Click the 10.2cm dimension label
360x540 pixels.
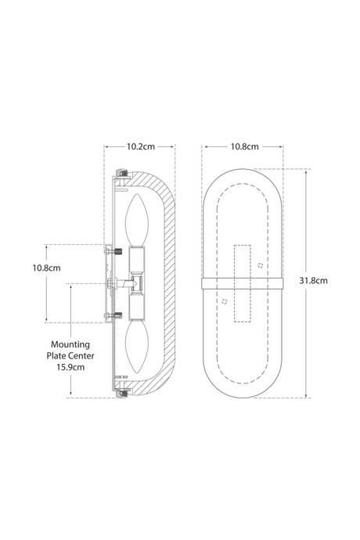pyautogui.click(x=141, y=146)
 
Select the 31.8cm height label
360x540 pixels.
pyautogui.click(x=313, y=280)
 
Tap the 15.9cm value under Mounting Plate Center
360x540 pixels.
pyautogui.click(x=70, y=367)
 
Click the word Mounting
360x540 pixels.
pyautogui.click(x=70, y=344)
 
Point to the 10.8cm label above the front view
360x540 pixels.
pyautogui.click(x=245, y=146)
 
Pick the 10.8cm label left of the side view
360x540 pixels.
pyautogui.click(x=46, y=268)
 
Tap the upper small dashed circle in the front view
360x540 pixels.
pyautogui.click(x=261, y=265)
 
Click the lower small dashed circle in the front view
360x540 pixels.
pyautogui.click(x=225, y=301)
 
